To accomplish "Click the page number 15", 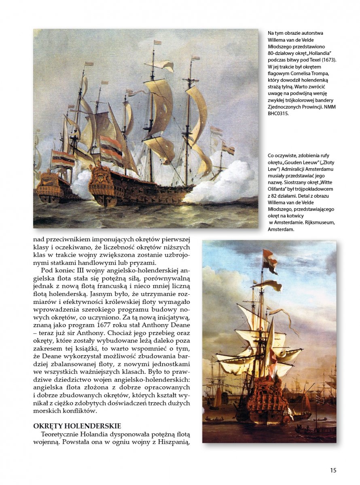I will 333,470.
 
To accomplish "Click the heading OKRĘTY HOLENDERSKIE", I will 77,426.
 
